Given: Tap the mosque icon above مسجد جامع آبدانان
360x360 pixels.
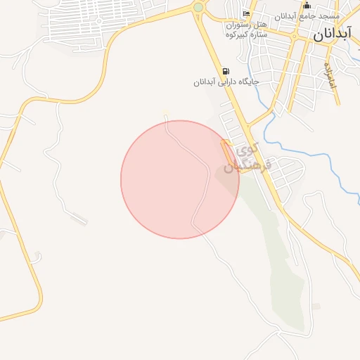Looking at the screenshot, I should [x=306, y=6].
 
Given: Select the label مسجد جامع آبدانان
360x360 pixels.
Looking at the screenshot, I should [x=309, y=15].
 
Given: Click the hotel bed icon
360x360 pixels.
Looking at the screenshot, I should [x=245, y=15].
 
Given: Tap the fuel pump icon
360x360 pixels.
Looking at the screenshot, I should [x=226, y=71].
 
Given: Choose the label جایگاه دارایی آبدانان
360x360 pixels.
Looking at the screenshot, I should [x=226, y=82].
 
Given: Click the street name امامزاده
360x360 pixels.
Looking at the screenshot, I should [x=330, y=75].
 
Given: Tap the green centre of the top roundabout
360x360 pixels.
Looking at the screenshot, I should [x=198, y=8].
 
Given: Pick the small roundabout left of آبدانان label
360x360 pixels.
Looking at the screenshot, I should [x=297, y=33].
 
